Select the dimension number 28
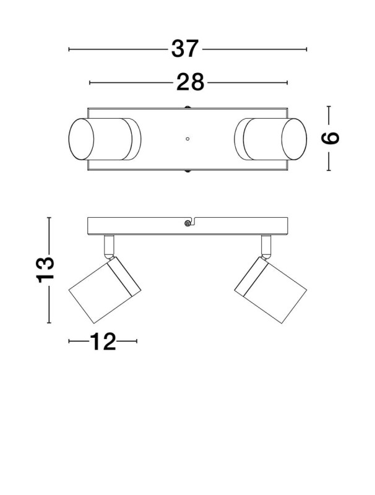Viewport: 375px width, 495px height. (190, 82)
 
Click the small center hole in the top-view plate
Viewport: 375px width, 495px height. (188, 139)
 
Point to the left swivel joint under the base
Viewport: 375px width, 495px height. (110, 246)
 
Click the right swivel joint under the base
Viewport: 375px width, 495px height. (266, 246)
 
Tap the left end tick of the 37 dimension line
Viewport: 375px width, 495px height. (69, 49)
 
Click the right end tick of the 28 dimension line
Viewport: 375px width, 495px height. (288, 82)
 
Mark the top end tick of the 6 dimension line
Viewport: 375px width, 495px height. (329, 106)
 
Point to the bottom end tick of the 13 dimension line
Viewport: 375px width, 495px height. (49, 323)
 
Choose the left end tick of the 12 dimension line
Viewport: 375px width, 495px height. (69, 341)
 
